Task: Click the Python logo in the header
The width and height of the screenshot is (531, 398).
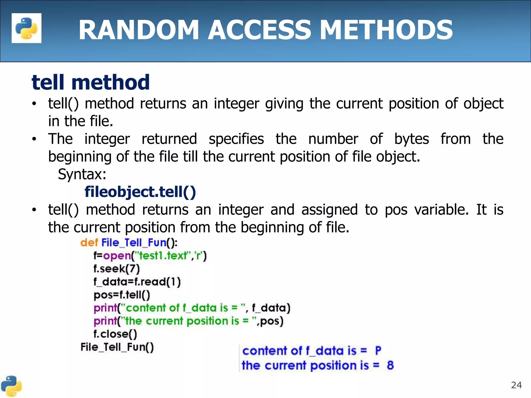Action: [26, 28]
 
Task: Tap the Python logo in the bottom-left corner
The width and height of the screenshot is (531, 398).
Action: [11, 386]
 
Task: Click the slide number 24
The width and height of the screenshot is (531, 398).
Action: [516, 385]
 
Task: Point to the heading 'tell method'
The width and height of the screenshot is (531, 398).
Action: [90, 82]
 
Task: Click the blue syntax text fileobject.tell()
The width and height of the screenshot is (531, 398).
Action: [140, 192]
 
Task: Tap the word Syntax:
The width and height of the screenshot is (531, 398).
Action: [82, 174]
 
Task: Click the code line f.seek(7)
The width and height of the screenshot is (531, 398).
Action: [117, 269]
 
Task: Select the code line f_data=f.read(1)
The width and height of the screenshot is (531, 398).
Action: [137, 282]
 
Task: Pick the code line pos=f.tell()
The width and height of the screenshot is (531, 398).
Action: [122, 295]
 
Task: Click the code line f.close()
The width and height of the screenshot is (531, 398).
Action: [115, 334]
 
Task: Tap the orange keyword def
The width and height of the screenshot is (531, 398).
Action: [89, 243]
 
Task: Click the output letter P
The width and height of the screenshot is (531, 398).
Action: [378, 351]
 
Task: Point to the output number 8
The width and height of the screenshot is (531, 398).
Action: [390, 365]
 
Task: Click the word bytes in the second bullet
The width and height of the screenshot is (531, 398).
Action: [411, 139]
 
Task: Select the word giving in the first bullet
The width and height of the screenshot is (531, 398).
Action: [284, 104]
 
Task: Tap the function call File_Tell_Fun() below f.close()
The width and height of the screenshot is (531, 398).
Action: [117, 347]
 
